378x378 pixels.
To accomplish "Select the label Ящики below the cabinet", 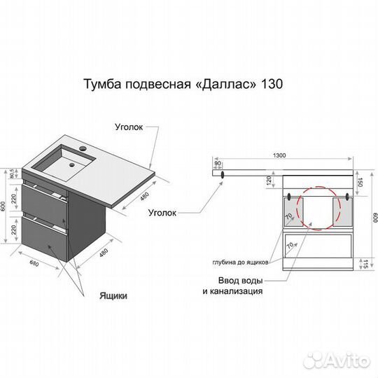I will [x=113, y=295].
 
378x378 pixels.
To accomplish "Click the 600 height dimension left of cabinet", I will [x=6, y=207].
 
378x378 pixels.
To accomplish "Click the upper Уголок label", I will [x=130, y=127].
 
